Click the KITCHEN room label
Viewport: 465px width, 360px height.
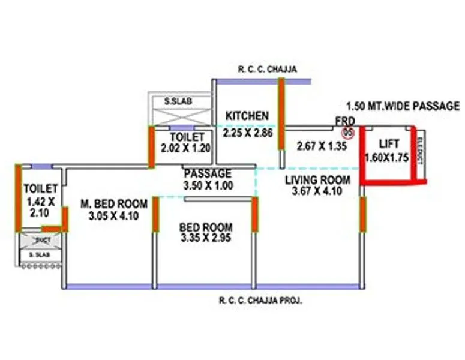[x=247, y=115]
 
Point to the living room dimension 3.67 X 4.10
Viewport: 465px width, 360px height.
[x=317, y=191]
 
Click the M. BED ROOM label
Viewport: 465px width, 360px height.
[x=106, y=204]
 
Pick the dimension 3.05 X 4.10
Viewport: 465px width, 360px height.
[x=106, y=216]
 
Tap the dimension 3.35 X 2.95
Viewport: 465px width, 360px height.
[x=206, y=238]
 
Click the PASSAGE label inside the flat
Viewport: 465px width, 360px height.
[x=208, y=173]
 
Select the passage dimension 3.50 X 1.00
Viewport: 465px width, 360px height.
[x=208, y=185]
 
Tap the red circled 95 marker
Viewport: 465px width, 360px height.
[x=346, y=133]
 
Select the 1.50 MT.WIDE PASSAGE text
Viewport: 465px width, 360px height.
[x=403, y=106]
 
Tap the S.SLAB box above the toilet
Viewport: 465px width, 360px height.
[x=178, y=101]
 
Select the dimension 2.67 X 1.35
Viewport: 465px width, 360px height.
[x=322, y=146]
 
